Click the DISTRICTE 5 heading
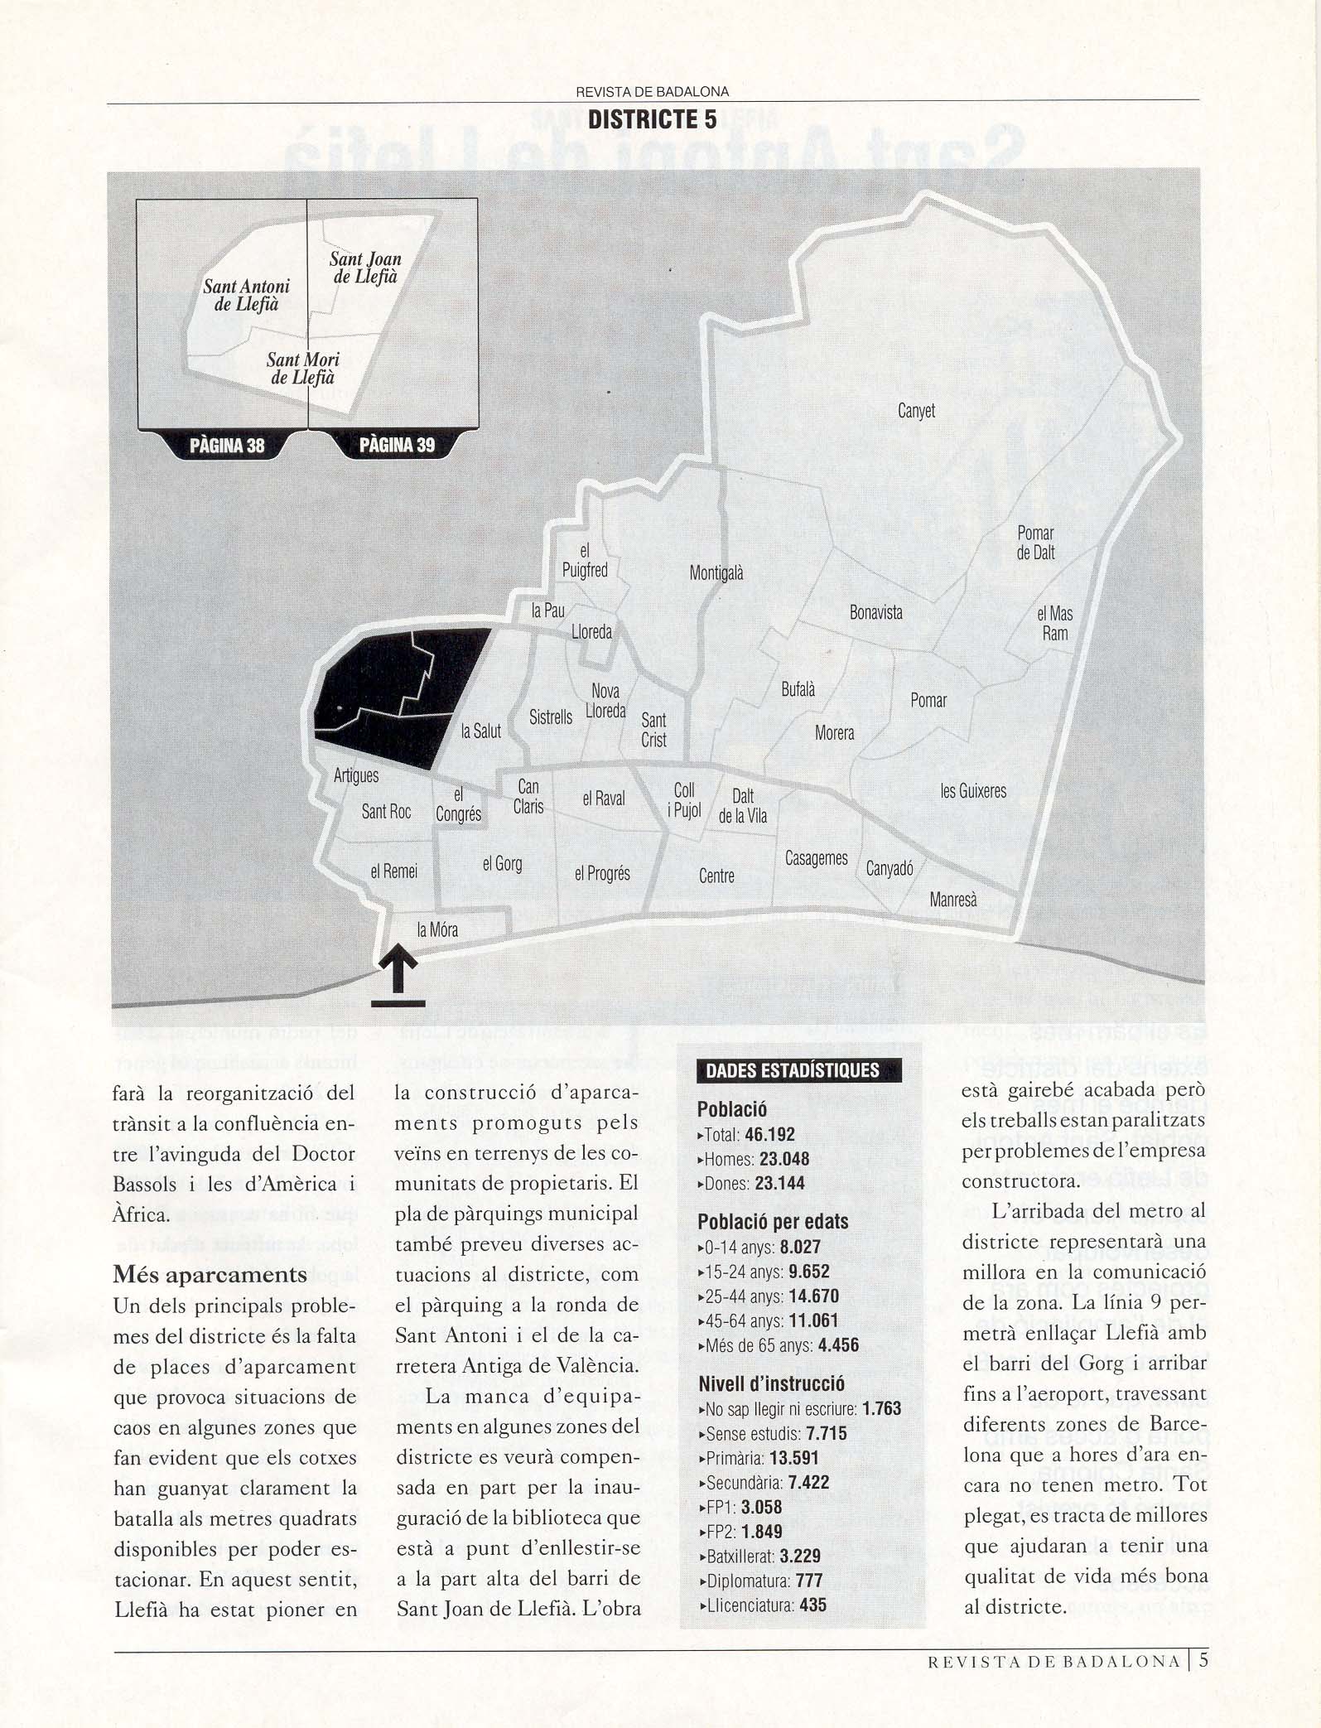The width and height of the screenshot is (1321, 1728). (652, 120)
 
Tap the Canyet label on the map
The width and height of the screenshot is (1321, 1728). (916, 411)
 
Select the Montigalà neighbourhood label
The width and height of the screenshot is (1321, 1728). (716, 572)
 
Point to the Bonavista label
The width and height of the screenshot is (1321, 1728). (875, 613)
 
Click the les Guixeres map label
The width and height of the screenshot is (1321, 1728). (973, 791)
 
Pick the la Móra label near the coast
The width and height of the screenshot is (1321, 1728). (437, 930)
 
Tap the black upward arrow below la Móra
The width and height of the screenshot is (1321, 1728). (398, 969)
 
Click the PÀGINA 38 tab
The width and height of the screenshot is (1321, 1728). (227, 446)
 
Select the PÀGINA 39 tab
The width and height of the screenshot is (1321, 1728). (397, 446)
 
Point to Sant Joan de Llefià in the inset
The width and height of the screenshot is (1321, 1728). (365, 268)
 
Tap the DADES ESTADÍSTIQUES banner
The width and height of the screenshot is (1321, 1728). (792, 1070)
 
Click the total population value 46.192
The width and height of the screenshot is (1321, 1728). (769, 1135)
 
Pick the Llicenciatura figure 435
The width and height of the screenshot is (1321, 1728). (812, 1605)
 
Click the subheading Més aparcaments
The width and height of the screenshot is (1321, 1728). (210, 1274)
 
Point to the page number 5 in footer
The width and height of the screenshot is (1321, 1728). (1203, 1659)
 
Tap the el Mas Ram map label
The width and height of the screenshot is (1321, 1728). (1054, 624)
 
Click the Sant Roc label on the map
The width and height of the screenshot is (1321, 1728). (386, 812)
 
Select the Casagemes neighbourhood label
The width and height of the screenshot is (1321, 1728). (816, 859)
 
